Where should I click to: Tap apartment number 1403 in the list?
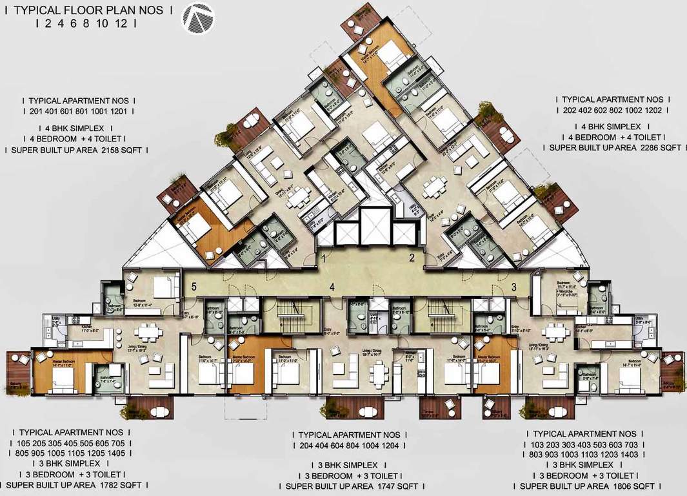(648, 453)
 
